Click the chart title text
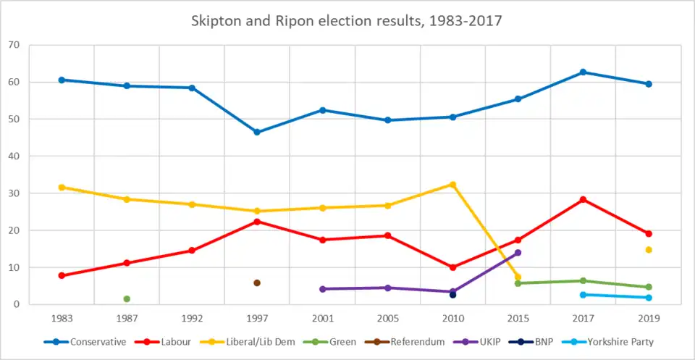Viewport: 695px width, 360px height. [347, 22]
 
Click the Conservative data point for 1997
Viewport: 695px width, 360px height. [257, 133]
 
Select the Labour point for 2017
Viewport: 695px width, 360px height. [584, 199]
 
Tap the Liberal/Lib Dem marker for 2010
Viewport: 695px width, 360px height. [453, 185]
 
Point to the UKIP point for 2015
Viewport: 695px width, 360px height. [518, 253]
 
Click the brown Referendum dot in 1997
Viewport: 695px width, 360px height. [257, 283]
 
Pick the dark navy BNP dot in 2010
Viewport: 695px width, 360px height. [453, 295]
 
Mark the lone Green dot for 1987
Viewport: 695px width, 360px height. [127, 299]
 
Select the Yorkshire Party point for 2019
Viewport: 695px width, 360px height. [649, 298]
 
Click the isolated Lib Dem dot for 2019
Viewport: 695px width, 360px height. [649, 250]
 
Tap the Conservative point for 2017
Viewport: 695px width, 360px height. [584, 72]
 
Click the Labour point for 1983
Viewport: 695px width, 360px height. [62, 275]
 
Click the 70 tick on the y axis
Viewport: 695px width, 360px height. [13, 45]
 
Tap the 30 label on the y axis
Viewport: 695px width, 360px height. [13, 193]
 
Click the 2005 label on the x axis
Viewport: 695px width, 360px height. [388, 317]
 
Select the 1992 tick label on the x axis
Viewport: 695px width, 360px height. [192, 317]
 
